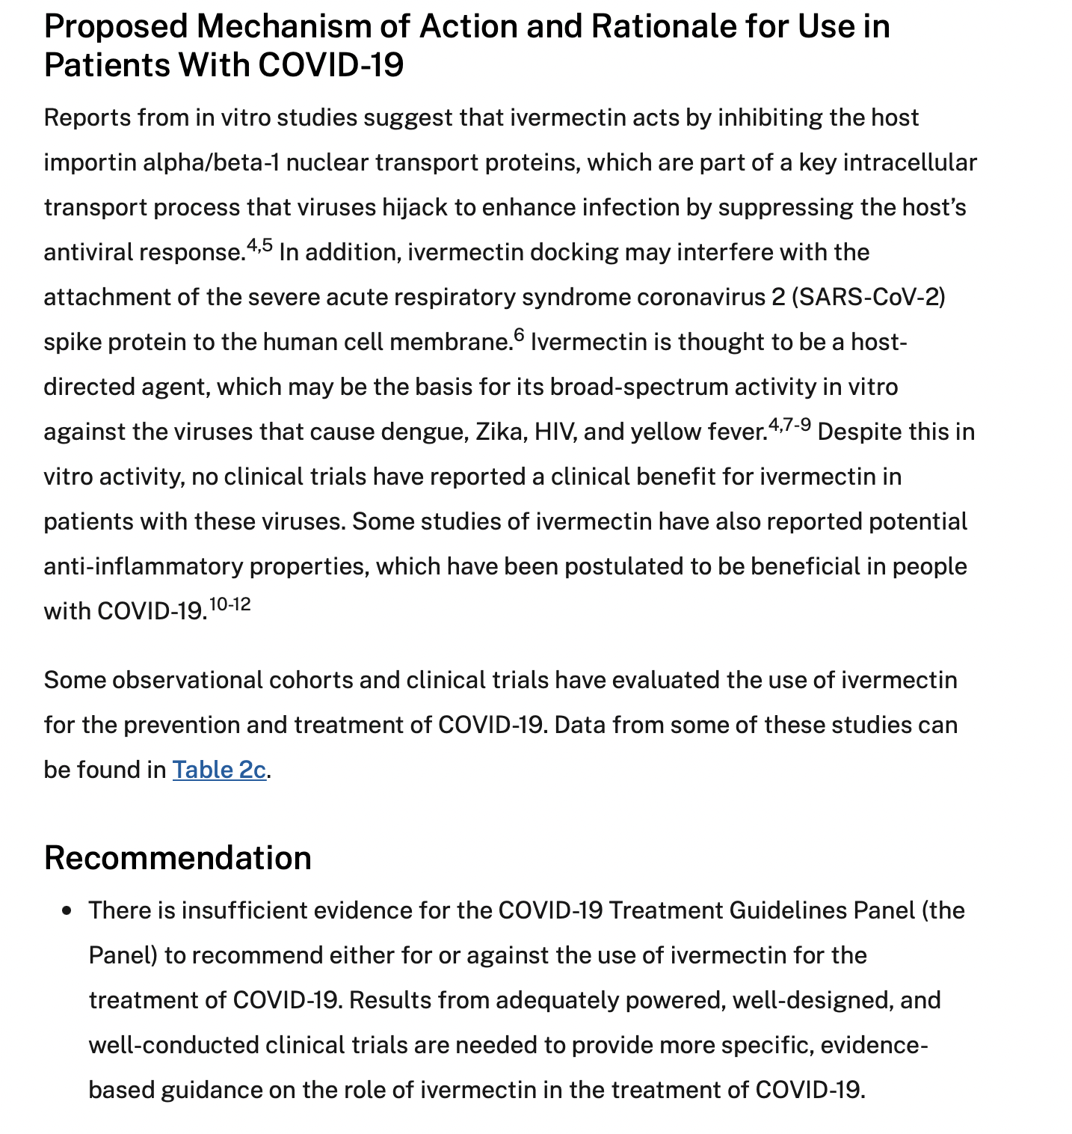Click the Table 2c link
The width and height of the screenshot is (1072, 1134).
pyautogui.click(x=219, y=770)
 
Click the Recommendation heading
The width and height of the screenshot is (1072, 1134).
pyautogui.click(x=178, y=857)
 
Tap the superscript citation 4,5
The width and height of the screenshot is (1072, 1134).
pyautogui.click(x=259, y=245)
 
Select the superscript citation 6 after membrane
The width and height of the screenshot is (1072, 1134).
pyautogui.click(x=519, y=335)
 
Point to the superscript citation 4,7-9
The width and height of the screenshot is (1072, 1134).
pyautogui.click(x=789, y=426)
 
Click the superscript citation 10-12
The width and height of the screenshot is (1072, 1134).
pyautogui.click(x=230, y=604)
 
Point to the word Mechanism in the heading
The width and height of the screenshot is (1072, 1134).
pyautogui.click(x=302, y=27)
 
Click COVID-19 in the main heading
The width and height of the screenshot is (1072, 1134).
pyautogui.click(x=331, y=66)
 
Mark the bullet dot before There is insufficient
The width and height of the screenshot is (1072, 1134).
pyautogui.click(x=68, y=911)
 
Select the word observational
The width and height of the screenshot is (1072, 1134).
pyautogui.click(x=187, y=680)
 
